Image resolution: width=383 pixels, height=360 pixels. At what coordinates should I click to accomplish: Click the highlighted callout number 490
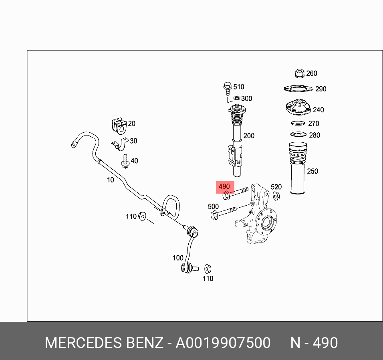[224, 186]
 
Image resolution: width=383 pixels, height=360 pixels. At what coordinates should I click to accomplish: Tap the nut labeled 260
[299, 73]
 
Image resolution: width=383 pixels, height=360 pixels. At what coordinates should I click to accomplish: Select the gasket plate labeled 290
[298, 89]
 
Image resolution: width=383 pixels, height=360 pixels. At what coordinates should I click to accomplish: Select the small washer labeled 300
[236, 98]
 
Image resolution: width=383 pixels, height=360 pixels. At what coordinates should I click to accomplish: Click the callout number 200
[249, 136]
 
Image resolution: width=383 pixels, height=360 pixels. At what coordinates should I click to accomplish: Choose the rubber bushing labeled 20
[118, 125]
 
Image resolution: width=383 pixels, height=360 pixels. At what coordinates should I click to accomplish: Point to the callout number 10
[110, 180]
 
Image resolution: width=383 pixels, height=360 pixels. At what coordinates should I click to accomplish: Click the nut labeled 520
[276, 196]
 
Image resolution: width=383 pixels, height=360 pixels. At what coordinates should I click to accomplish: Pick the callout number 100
[178, 258]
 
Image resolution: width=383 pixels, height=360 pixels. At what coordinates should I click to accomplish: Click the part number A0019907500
[223, 343]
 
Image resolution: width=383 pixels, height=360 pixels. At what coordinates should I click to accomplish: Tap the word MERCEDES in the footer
[83, 343]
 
